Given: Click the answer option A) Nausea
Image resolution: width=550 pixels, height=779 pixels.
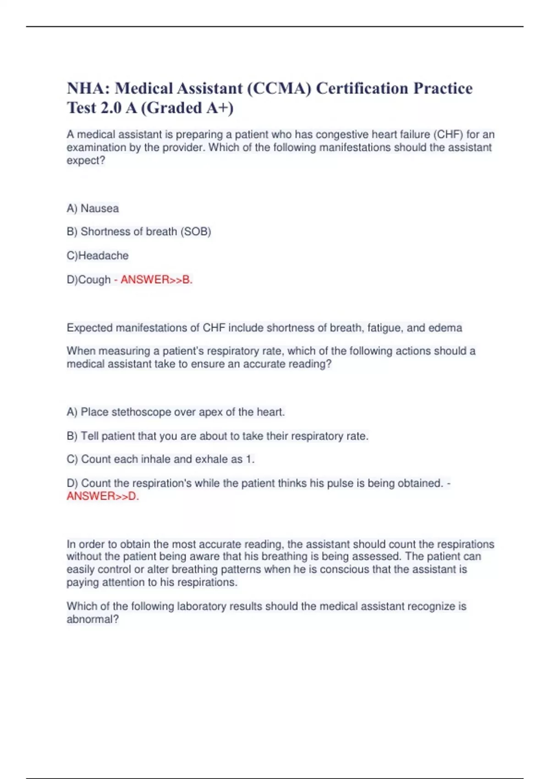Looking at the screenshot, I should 93,208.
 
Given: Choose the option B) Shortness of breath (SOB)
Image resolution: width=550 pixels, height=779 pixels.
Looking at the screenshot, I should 139,232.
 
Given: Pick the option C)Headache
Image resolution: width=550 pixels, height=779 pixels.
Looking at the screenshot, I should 98,256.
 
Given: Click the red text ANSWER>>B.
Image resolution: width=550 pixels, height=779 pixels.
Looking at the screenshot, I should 156,280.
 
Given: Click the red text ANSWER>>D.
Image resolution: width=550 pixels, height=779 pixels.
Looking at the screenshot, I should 103,496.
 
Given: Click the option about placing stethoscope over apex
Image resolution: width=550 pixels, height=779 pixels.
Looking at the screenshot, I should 176,412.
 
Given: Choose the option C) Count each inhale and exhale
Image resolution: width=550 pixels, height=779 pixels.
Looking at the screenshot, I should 160,459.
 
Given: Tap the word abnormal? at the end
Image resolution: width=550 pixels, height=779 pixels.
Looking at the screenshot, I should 93,620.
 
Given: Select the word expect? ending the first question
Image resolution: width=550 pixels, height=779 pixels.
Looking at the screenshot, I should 86,161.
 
